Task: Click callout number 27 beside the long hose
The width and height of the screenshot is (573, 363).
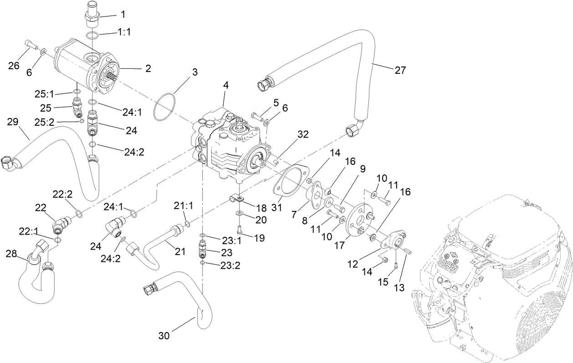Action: tap(399, 70)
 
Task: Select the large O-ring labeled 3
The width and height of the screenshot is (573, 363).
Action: tap(166, 107)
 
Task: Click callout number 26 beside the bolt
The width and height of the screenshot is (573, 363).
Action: tap(14, 66)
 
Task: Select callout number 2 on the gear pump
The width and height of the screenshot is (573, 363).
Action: tap(148, 69)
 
